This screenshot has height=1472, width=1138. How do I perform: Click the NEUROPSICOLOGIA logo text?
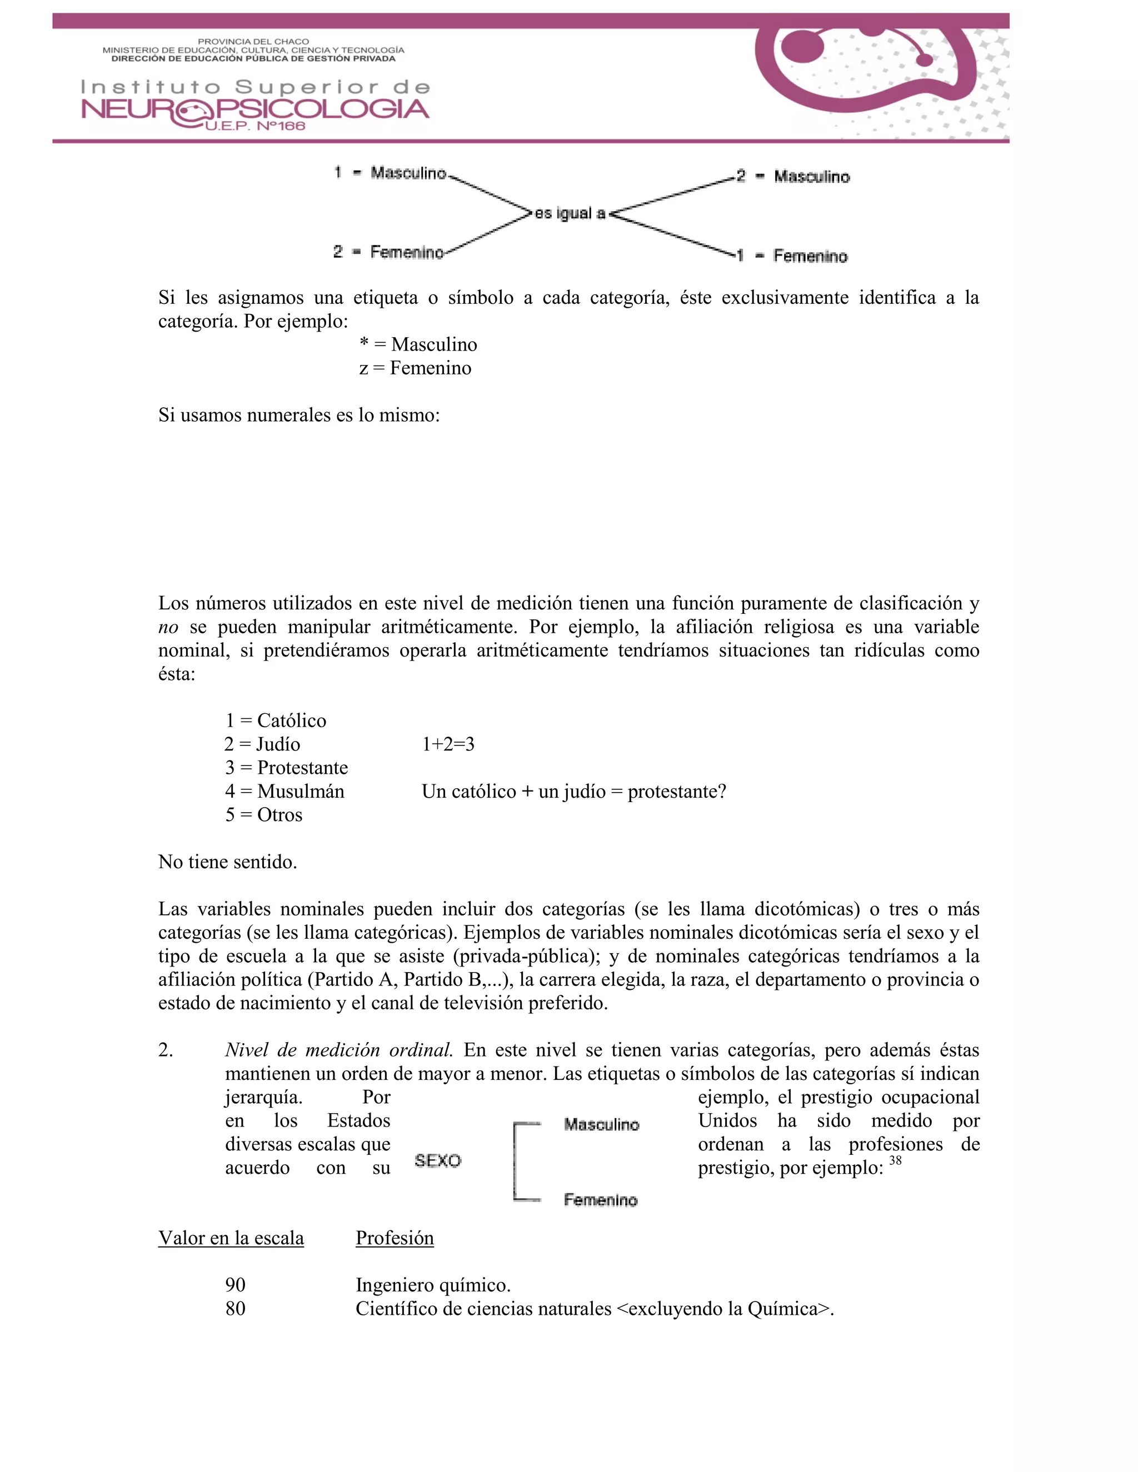(x=255, y=109)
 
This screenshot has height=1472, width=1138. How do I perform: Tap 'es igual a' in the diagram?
(x=570, y=214)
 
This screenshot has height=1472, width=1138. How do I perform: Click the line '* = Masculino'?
(x=418, y=344)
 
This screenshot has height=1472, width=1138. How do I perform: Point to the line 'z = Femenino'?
(x=415, y=368)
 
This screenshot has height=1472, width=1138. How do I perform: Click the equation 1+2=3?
(x=448, y=744)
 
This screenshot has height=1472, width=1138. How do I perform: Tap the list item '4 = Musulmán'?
(x=284, y=791)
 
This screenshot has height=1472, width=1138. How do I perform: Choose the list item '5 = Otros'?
(x=263, y=815)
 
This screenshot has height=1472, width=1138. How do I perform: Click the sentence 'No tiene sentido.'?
(x=227, y=862)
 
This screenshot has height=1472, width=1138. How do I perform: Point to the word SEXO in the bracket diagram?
(x=437, y=1160)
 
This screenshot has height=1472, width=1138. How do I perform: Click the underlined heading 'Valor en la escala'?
(x=231, y=1238)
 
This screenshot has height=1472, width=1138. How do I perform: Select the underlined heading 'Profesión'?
(x=395, y=1238)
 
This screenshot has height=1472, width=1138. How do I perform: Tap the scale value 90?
(x=235, y=1285)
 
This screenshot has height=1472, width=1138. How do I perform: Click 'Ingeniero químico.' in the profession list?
(x=433, y=1285)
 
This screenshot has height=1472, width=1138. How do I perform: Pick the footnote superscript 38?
(x=895, y=1160)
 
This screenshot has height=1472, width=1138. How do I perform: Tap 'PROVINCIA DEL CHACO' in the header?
(x=253, y=42)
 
